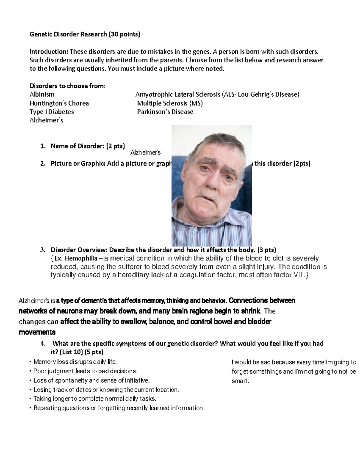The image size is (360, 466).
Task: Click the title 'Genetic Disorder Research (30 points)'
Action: [85, 34]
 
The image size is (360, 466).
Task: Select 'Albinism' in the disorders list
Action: [42, 95]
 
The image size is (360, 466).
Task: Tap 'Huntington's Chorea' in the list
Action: [59, 103]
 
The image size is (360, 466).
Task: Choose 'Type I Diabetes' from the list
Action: [52, 112]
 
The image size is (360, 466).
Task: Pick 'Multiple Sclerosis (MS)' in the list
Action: [170, 103]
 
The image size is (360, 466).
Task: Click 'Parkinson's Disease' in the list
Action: [165, 112]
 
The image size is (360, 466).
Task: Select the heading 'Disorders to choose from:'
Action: [67, 86]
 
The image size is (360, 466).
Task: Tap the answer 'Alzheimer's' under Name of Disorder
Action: [145, 153]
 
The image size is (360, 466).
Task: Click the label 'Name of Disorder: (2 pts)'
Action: [88, 146]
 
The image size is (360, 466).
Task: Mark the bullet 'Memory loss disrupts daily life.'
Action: [74, 362]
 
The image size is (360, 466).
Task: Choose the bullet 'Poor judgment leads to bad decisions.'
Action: [85, 371]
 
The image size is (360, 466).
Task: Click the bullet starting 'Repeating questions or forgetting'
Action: [119, 408]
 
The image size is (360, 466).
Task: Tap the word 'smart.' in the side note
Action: [240, 381]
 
